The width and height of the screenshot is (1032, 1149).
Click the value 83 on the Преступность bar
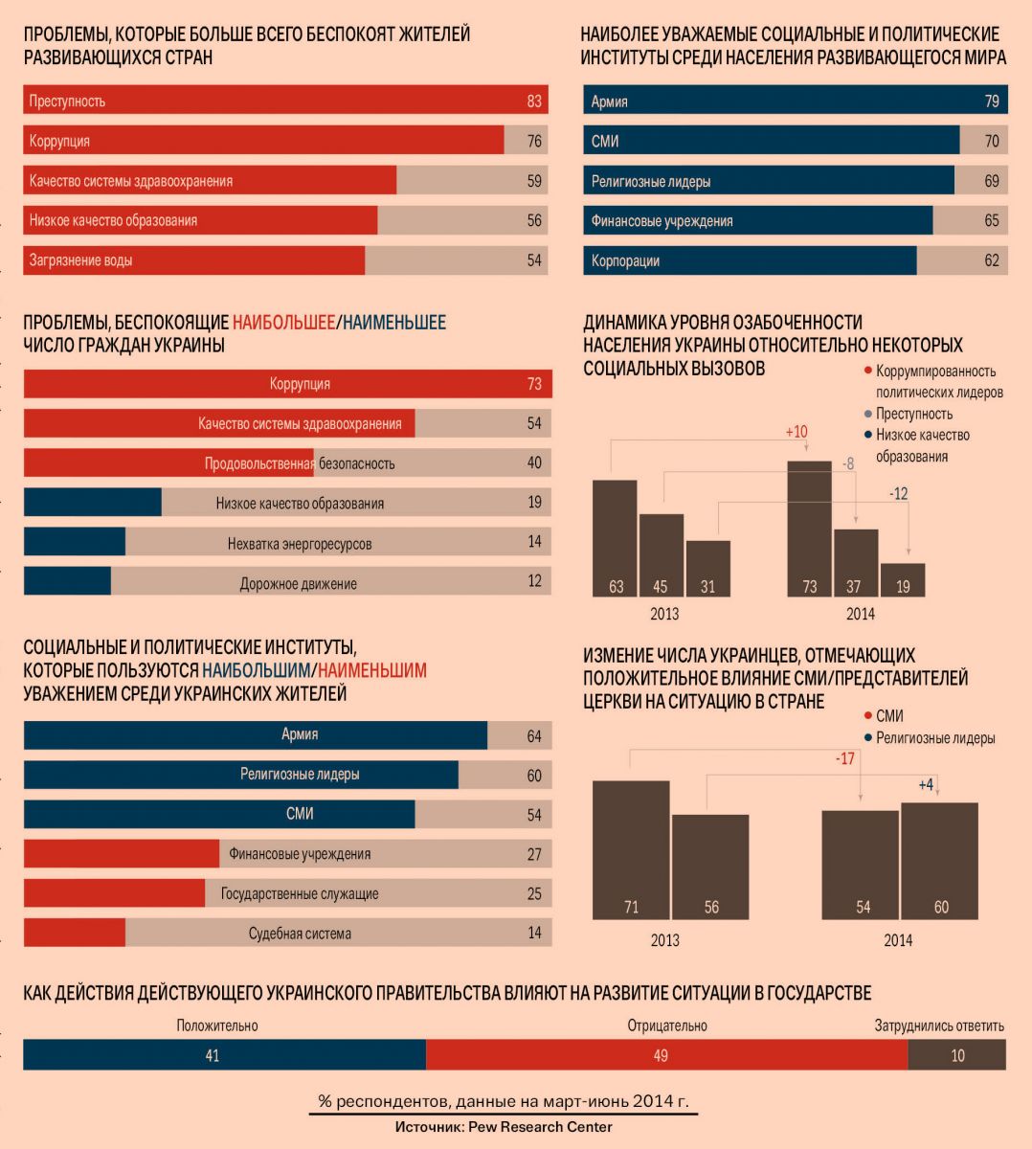534,101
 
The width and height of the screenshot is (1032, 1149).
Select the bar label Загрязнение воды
80,260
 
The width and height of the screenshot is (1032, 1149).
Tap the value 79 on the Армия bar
992,101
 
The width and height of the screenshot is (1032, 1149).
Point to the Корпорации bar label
625,260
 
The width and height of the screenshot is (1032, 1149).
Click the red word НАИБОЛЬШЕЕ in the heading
282,323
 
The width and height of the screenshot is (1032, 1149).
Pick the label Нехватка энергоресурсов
300,544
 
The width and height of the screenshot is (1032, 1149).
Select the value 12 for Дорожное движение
534,581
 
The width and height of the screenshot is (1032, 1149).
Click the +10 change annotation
796,432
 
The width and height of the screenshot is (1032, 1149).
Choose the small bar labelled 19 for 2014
903,580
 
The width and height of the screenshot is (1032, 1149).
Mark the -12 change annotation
898,494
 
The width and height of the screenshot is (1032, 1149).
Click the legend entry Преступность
914,414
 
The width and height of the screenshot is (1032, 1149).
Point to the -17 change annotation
844,758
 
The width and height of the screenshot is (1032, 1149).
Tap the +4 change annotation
926,785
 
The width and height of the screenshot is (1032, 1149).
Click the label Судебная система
300,934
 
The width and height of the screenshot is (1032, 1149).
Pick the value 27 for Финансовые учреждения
534,854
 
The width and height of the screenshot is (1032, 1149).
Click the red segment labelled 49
661,1055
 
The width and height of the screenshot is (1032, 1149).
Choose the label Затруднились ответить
939,1025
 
